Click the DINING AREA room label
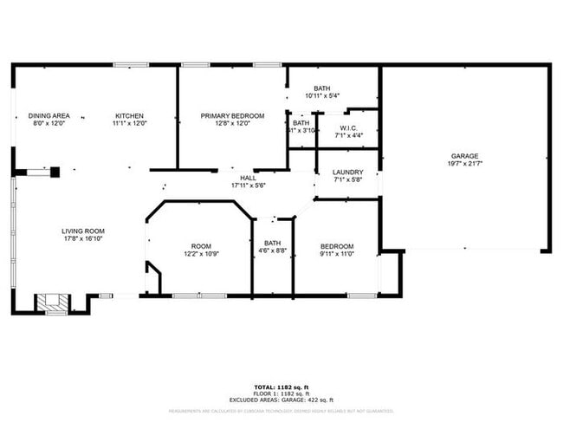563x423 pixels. coord(49,115)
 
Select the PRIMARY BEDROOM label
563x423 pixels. coord(232,115)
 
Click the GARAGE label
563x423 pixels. coord(464,156)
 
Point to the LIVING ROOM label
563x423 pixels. coord(83,231)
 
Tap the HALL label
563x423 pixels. coord(249,178)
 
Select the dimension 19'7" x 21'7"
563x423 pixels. coord(464,163)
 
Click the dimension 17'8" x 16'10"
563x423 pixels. coord(83,238)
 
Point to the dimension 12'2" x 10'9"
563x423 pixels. coord(201,253)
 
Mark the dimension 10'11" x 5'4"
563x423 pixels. coord(322,95)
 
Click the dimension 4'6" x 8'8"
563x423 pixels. coord(272,251)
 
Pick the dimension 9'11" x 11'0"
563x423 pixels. coord(337,253)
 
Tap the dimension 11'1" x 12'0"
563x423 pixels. coord(130,123)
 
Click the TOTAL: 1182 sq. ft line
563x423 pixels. coord(281,387)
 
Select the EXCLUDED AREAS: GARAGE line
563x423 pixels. coord(281,399)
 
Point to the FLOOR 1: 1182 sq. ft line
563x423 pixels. coord(281,393)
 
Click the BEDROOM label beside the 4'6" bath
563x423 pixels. coord(337,245)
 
